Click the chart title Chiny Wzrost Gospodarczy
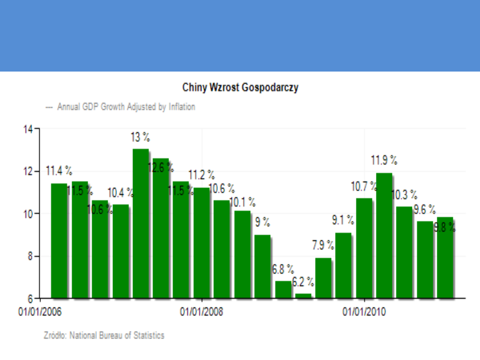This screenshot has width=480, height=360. [x=240, y=88]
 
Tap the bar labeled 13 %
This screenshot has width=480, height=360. [x=140, y=222]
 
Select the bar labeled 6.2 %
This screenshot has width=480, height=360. [x=303, y=295]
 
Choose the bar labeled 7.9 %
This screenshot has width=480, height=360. [x=323, y=277]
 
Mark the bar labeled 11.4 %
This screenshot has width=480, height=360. [x=59, y=240]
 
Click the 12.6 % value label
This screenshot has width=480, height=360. [x=160, y=168]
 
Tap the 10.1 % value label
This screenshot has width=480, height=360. [x=242, y=203]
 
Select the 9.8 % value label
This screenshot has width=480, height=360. [x=445, y=228]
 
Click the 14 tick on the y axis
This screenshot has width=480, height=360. [x=28, y=129]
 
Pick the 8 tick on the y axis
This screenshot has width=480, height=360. [x=29, y=256]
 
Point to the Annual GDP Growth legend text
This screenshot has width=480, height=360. [x=126, y=107]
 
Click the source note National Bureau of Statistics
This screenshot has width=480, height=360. [x=104, y=335]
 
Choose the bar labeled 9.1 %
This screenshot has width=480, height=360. [x=344, y=265]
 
